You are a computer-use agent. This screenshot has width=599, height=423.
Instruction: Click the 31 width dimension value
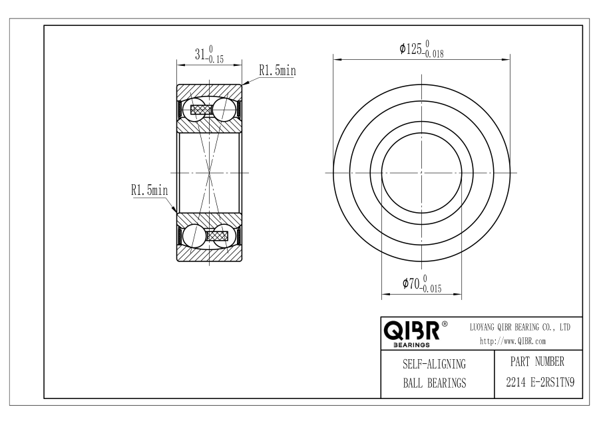[x=200, y=55]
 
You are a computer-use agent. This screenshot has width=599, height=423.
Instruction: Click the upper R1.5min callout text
[x=278, y=70]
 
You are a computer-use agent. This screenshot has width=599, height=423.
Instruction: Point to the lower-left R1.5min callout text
[x=149, y=190]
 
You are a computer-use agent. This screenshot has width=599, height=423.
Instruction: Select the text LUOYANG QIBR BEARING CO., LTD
[x=520, y=327]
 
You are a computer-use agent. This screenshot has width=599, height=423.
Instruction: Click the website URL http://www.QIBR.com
[x=512, y=341]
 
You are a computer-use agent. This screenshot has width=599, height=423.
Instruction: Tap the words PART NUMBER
[x=537, y=362]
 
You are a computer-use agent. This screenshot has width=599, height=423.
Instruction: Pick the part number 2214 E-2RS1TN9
[x=540, y=382]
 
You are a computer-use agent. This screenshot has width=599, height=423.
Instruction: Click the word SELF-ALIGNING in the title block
[x=435, y=364]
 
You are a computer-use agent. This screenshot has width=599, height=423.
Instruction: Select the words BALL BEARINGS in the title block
[x=435, y=382]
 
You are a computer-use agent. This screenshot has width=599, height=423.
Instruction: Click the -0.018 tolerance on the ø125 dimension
[x=433, y=54]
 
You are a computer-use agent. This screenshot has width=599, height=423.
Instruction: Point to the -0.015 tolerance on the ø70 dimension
[x=431, y=289]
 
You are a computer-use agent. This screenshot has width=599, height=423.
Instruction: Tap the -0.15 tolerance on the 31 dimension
[x=214, y=59]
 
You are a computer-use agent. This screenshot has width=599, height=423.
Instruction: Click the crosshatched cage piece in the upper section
[x=201, y=110]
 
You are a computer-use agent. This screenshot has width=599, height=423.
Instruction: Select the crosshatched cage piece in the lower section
[x=218, y=235]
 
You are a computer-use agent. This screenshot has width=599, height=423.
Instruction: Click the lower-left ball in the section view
[x=193, y=235]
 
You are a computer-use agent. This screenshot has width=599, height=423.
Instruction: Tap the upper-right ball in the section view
[x=224, y=110]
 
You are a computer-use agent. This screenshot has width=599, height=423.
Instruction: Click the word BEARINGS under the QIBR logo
[x=411, y=345]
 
